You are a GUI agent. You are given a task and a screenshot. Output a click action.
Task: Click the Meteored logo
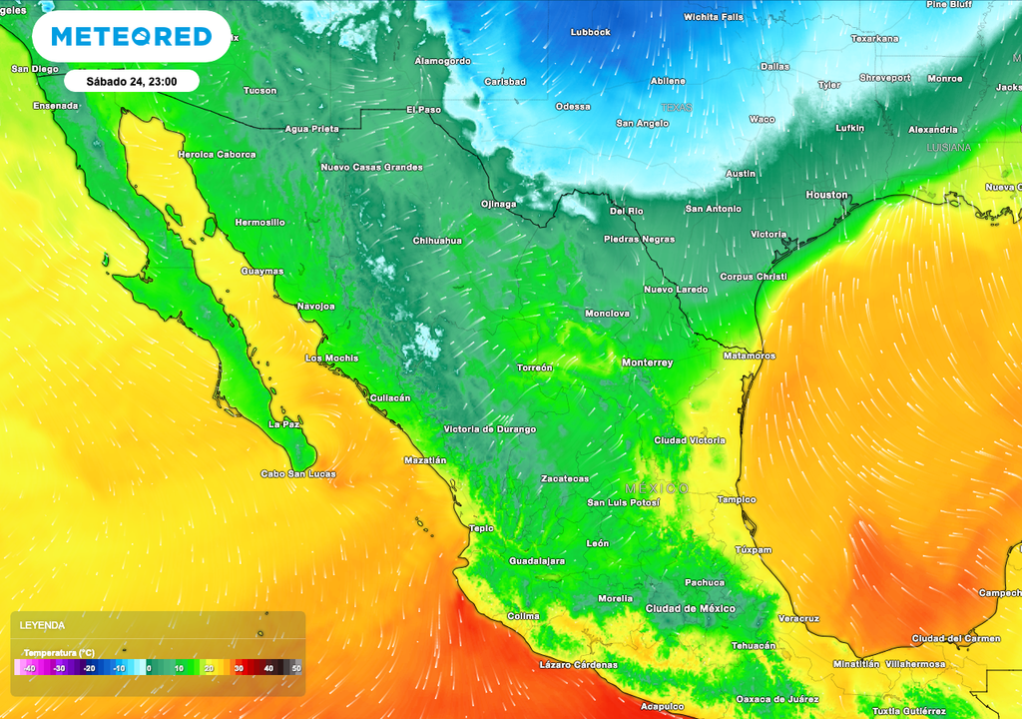coord(131,37)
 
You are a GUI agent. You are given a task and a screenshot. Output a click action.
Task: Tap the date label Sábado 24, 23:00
coord(132,81)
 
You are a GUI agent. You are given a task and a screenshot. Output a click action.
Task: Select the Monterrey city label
coord(647,362)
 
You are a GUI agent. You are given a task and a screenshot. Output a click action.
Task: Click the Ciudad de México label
coord(690,608)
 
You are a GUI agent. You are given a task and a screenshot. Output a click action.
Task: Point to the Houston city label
coord(826,195)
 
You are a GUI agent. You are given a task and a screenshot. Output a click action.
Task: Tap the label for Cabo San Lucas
coord(297,473)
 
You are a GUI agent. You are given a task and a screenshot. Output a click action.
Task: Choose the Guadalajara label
coord(537,561)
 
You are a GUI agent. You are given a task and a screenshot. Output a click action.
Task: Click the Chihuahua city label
coord(437,241)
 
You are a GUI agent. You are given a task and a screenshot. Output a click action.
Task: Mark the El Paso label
coord(423,110)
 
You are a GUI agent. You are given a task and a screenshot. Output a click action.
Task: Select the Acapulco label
coord(663,705)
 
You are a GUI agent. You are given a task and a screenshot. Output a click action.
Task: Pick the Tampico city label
coord(737,499)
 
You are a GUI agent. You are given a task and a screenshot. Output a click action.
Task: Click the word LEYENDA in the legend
coord(42,625)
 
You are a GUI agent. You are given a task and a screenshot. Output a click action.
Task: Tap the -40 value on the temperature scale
coord(29,668)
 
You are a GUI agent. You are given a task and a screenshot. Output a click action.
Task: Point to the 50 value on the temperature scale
coord(296,668)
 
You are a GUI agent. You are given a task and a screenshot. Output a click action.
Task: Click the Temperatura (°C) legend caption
coord(59,652)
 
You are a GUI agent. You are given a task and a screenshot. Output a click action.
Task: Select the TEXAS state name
coord(676,107)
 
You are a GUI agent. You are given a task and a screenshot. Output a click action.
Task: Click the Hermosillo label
coord(259,222)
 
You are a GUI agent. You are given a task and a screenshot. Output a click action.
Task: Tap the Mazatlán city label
coord(424,460)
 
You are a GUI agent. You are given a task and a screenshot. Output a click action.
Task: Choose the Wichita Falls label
coord(714,17)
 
